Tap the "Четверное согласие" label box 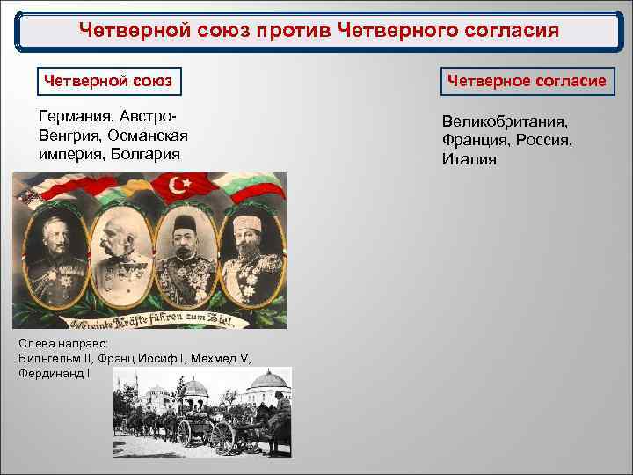click(x=527, y=81)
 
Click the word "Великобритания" click(x=505, y=122)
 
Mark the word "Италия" click(x=469, y=159)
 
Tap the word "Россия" click(x=544, y=141)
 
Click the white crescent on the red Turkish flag click(x=179, y=186)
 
